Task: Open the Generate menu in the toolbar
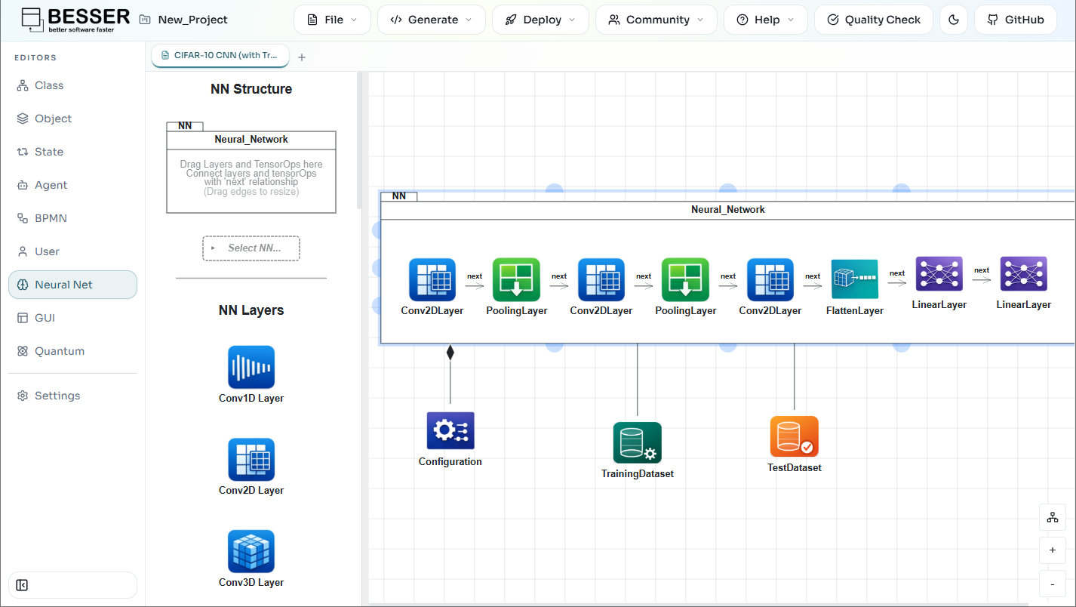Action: [431, 20]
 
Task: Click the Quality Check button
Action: [873, 20]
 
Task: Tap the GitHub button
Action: [1016, 20]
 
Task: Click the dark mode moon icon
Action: [954, 20]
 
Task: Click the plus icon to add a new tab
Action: [302, 57]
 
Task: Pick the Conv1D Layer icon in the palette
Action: [251, 367]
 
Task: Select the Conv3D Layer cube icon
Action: [251, 551]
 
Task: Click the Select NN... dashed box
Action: [251, 248]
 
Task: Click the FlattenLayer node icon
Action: [855, 279]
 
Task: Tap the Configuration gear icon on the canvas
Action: [450, 430]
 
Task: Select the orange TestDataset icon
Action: [794, 436]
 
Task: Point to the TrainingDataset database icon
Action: [638, 442]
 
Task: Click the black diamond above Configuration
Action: [450, 353]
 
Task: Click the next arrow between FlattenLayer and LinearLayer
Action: [897, 282]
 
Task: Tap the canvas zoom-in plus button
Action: [1053, 550]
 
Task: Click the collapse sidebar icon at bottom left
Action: [22, 585]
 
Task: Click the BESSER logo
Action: [75, 20]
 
